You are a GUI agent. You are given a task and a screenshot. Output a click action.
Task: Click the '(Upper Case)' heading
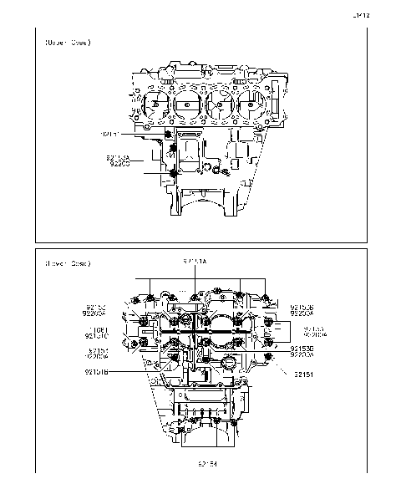(68, 42)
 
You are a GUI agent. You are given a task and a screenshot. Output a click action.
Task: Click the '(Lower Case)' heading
(68, 264)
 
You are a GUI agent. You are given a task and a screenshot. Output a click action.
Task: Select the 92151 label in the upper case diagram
(110, 133)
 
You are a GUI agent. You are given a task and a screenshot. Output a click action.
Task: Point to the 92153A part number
(118, 157)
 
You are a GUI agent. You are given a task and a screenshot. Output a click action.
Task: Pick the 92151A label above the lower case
(195, 262)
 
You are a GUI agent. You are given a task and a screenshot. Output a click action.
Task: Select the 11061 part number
(96, 329)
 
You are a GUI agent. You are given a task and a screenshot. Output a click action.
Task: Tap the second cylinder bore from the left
(189, 105)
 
